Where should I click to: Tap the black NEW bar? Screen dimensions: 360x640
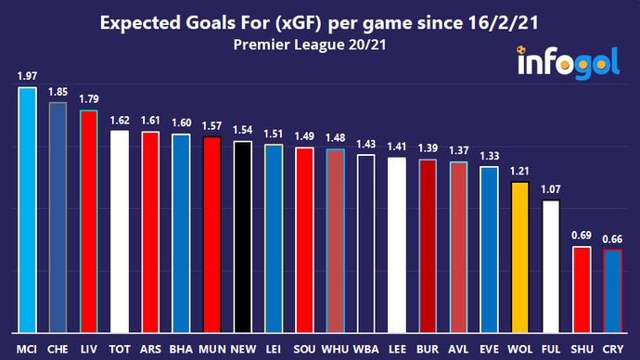click(241, 237)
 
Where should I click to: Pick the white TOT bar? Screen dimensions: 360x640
click(120, 231)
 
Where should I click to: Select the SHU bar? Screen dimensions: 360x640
click(582, 289)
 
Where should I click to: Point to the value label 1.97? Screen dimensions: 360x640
click(27, 75)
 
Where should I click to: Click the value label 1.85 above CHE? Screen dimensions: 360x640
click(58, 92)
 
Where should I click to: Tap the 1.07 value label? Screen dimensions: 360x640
click(551, 189)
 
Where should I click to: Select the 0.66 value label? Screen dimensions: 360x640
click(613, 238)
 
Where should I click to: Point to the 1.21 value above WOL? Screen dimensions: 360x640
click(520, 172)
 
